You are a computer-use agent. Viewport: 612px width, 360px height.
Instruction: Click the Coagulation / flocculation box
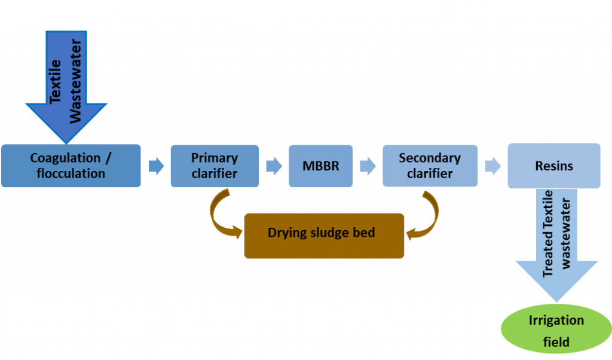(71, 166)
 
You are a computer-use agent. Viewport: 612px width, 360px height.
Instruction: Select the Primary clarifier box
(214, 166)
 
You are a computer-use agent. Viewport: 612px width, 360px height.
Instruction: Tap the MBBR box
(320, 166)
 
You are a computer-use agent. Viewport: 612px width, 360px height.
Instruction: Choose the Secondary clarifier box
(430, 166)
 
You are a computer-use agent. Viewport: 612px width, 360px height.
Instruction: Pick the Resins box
(554, 166)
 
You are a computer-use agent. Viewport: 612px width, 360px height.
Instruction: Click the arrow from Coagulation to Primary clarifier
(155, 166)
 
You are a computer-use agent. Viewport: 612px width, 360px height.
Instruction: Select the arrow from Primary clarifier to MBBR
(274, 166)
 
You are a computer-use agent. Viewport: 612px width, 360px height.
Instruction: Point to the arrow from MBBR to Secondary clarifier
(368, 166)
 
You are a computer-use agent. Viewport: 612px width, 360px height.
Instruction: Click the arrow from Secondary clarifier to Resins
(492, 166)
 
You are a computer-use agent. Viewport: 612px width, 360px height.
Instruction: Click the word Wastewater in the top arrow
(75, 81)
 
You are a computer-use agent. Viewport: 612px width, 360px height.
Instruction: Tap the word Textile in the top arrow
(56, 81)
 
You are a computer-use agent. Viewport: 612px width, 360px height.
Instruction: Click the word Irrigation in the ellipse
(556, 321)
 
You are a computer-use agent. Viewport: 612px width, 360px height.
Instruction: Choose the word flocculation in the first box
(71, 174)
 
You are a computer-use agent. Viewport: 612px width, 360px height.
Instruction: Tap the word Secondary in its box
(430, 158)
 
